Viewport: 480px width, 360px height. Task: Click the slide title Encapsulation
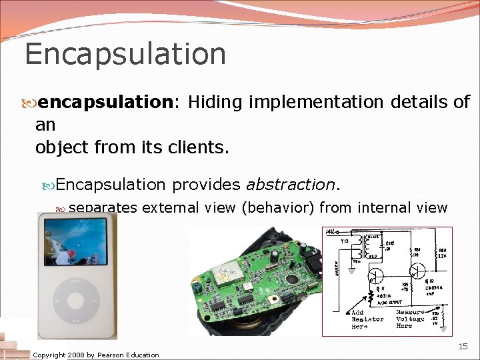coord(125,54)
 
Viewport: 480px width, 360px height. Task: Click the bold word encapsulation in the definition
coord(106,102)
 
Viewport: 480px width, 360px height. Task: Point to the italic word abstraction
coord(290,184)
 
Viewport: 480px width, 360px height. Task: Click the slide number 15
coord(465,345)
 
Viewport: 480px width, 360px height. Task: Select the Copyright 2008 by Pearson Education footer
coord(96,355)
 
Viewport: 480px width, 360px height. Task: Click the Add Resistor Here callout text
coord(368,319)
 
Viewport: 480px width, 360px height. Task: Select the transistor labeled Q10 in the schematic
coord(417,271)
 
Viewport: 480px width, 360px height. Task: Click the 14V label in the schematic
coord(331,231)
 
